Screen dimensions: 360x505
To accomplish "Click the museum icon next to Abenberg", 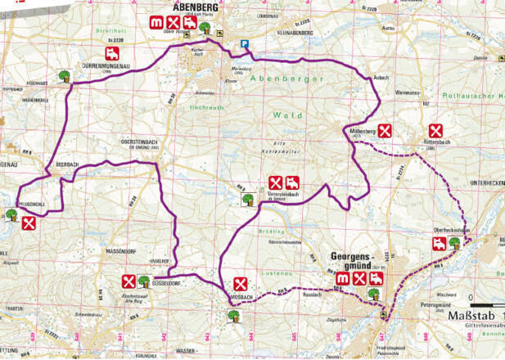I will pos(156,22).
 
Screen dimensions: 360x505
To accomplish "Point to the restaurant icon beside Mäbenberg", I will pos(383,130).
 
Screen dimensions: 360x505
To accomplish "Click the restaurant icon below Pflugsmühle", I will pos(29,223).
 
